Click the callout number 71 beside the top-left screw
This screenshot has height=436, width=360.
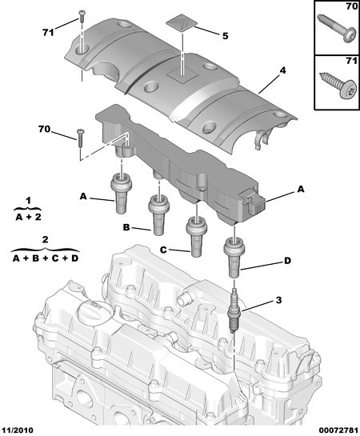[x=48, y=33]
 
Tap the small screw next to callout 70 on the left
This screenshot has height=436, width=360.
[x=80, y=138]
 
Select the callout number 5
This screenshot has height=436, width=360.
[x=225, y=36]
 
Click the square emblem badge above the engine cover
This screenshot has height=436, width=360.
[x=181, y=24]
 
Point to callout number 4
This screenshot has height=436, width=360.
[x=282, y=70]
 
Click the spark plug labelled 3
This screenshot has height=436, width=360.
[x=234, y=309]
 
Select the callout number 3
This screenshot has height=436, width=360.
[x=278, y=300]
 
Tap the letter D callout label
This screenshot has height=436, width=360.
[x=287, y=261]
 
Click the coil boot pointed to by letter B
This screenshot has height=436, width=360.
[x=158, y=214]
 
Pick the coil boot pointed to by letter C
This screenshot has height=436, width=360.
[x=196, y=237]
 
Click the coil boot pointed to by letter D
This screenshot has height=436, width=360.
[x=234, y=257]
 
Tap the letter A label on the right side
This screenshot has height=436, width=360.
[x=301, y=190]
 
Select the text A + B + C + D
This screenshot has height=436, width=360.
[x=46, y=258]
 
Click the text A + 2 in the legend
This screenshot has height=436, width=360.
[x=28, y=217]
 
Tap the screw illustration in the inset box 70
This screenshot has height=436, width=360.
[x=337, y=28]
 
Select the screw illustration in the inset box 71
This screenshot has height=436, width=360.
[x=338, y=85]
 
